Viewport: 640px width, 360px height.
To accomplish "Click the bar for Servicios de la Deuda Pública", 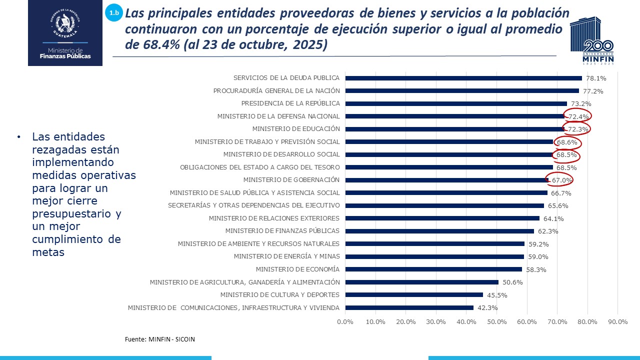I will [x=463, y=78].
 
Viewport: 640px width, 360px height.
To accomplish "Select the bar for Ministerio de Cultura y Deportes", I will [x=414, y=295].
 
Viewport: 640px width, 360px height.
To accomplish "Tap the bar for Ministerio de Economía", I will [x=433, y=269].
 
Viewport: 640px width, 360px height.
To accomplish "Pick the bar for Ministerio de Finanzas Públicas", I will [x=439, y=231].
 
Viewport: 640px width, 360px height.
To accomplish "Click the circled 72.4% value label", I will [x=579, y=116].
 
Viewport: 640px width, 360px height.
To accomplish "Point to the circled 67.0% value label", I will [x=561, y=180].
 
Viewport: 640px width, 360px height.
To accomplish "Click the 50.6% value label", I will [x=512, y=282].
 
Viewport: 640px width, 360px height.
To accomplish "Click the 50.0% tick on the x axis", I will [x=496, y=322].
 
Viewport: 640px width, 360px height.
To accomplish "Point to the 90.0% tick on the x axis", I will [x=617, y=322].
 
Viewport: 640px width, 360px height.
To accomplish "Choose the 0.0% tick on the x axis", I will [x=345, y=322].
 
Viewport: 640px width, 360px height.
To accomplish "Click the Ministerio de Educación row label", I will [x=296, y=129].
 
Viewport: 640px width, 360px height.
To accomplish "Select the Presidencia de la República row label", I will [x=290, y=103].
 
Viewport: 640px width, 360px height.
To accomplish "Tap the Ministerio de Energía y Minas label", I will [x=286, y=256].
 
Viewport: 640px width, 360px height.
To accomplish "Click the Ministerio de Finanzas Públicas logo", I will [x=65, y=33].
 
